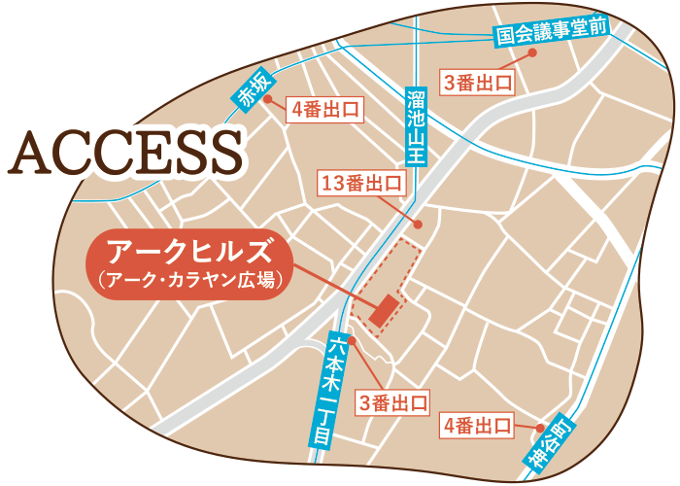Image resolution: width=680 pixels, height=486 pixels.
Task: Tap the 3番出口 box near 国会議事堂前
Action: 478,83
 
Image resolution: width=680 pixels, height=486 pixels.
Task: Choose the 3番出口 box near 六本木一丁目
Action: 392,402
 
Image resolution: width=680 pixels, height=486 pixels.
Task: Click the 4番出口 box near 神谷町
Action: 477,425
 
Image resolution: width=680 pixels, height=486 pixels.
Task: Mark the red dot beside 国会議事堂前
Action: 531,55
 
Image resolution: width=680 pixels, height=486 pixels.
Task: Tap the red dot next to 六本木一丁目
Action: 353,340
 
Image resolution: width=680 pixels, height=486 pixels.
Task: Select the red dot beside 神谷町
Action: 539,426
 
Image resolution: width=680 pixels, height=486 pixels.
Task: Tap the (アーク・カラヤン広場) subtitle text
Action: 189,281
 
